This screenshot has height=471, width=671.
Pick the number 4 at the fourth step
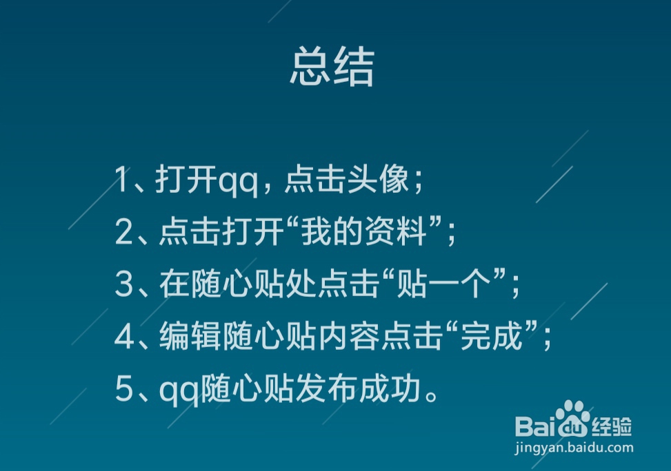pos(123,337)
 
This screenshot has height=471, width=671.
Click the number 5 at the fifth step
pos(123,390)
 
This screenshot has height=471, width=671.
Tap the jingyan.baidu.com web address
pos(574,448)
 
